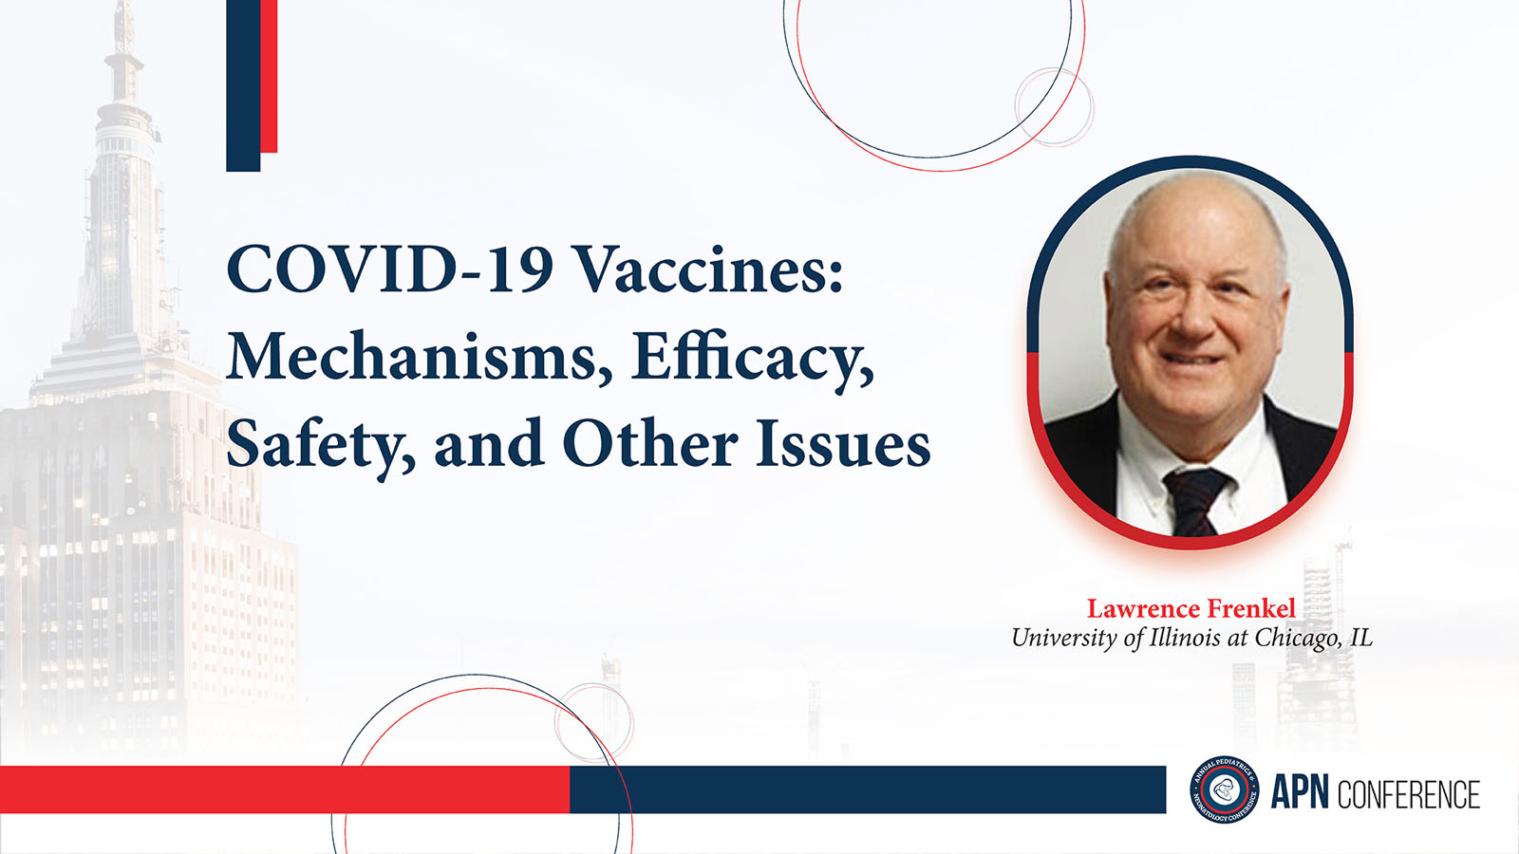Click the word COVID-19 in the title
[x=389, y=269]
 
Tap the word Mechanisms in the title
[x=411, y=357]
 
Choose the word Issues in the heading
[x=843, y=443]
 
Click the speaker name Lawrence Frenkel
[x=1191, y=608]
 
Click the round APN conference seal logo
[x=1225, y=789]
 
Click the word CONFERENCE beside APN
[x=1408, y=793]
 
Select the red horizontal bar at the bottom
[x=285, y=789]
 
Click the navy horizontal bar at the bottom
[x=868, y=789]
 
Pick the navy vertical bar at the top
[x=243, y=85]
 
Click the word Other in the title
[x=650, y=443]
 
